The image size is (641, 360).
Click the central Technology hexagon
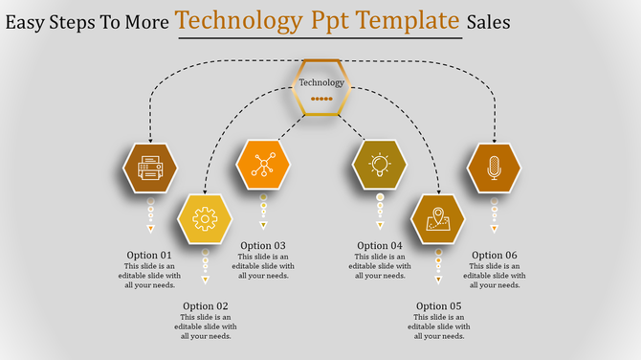click(x=321, y=87)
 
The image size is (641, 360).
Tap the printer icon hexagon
click(x=150, y=169)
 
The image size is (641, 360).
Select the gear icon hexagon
click(x=205, y=219)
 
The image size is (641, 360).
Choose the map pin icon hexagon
click(x=438, y=219)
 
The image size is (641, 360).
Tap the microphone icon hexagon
click(x=494, y=169)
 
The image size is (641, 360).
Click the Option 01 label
click(x=149, y=255)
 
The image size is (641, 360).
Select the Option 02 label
click(x=205, y=306)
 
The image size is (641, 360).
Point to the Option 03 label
click(x=263, y=246)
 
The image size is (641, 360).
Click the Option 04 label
click(x=380, y=246)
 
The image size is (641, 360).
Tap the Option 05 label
click(x=438, y=306)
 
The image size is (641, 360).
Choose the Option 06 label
click(x=495, y=255)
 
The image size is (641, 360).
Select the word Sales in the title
click(x=489, y=20)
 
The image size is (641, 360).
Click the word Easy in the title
click(x=28, y=20)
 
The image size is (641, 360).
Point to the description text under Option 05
click(x=438, y=326)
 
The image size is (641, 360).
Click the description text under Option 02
click(x=205, y=326)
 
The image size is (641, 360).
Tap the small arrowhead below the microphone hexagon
click(x=495, y=229)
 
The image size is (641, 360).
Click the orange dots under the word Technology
click(x=321, y=99)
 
